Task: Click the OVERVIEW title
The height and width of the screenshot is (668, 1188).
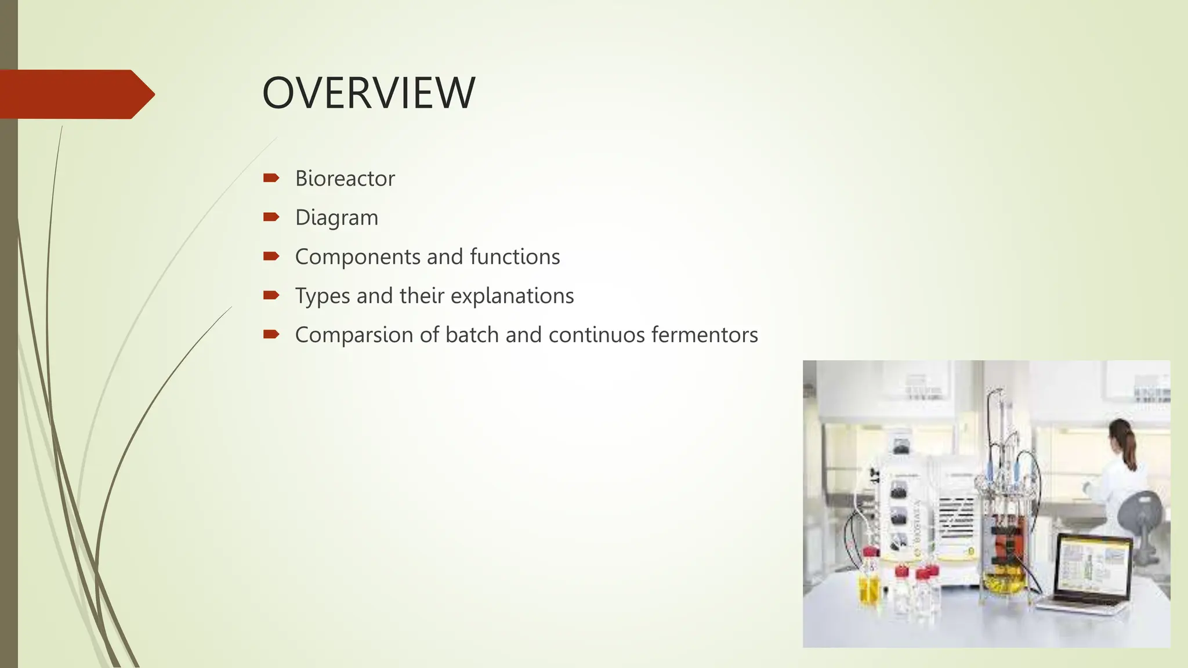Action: tap(368, 93)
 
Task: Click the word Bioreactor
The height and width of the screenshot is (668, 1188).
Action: tap(345, 179)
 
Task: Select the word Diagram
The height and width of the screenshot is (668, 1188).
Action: tap(336, 218)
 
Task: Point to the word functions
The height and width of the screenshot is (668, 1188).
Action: tap(515, 257)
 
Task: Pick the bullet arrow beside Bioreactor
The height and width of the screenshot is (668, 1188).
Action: tap(271, 178)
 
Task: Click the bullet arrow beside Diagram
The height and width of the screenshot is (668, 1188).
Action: tap(271, 217)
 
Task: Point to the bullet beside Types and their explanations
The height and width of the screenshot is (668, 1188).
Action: tap(271, 296)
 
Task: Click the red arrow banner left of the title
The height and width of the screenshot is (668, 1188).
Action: tap(75, 94)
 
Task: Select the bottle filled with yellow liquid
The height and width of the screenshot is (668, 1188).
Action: tap(870, 583)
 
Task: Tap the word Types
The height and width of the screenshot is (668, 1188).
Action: tap(322, 296)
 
